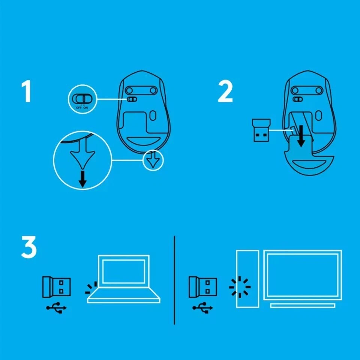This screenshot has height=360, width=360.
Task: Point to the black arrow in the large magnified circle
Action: tap(82, 179)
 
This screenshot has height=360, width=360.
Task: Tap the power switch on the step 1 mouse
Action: tap(132, 99)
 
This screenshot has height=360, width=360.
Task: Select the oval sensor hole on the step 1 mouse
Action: tap(153, 116)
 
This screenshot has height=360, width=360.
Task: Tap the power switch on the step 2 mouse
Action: tap(297, 99)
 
